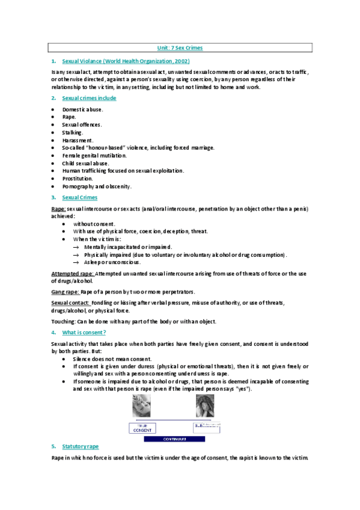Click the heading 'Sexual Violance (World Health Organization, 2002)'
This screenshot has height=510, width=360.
pos(126,61)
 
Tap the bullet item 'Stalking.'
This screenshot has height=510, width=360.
pos(73,132)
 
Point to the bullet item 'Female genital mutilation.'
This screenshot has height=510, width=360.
pos(94,155)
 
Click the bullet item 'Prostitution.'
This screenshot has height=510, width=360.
pos(78,179)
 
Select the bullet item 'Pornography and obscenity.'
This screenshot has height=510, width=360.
pos(96,186)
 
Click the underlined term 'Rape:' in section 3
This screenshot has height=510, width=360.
pos(59,208)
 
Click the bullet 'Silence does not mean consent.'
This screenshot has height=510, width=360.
pos(112,358)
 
